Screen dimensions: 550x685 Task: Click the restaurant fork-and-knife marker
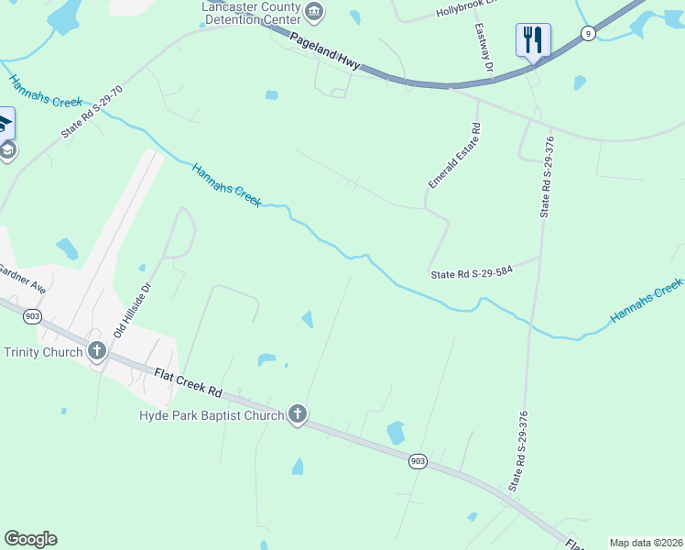pyautogui.click(x=533, y=39)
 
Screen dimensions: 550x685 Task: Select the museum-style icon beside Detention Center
pyautogui.click(x=315, y=12)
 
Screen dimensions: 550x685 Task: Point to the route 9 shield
pyautogui.click(x=586, y=34)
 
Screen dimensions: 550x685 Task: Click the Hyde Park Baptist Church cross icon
pyautogui.click(x=297, y=415)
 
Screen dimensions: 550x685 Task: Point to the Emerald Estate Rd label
pyautogui.click(x=453, y=159)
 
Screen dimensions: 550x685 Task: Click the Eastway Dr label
pyautogui.click(x=484, y=49)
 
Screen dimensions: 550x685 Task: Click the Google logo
pyautogui.click(x=30, y=539)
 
